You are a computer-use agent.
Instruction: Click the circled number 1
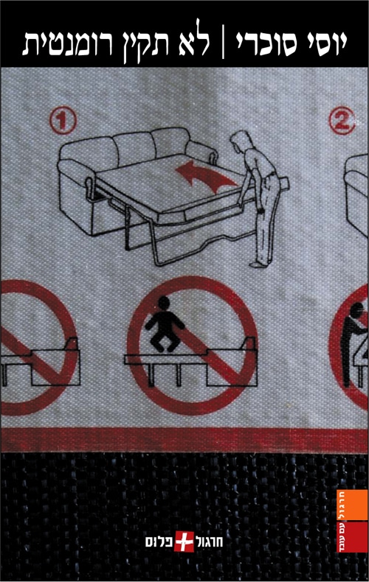pyautogui.click(x=63, y=120)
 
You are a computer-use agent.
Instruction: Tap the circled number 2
pyautogui.click(x=342, y=120)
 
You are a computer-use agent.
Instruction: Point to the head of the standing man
pyautogui.click(x=239, y=141)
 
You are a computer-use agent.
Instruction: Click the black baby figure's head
pyautogui.click(x=164, y=303)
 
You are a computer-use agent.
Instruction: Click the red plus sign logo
pyautogui.click(x=184, y=541)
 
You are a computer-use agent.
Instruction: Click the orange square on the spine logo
pyautogui.click(x=352, y=505)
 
